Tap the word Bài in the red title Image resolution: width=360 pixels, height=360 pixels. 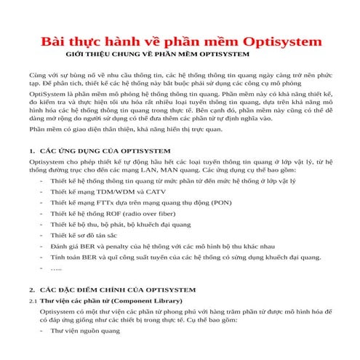click(53, 40)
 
